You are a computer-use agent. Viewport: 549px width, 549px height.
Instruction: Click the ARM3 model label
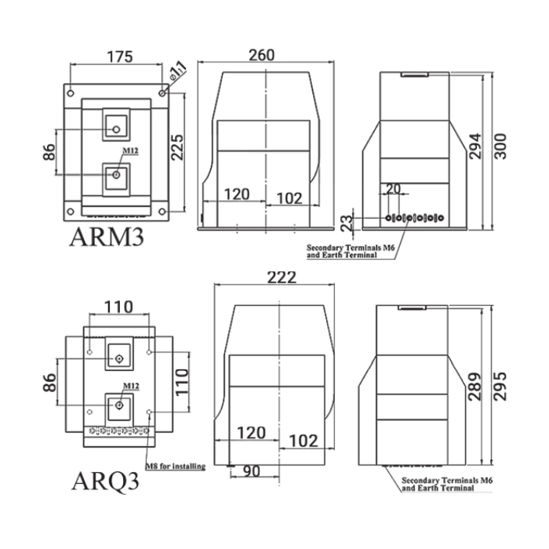pos(107,237)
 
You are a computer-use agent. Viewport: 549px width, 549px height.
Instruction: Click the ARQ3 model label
pos(105,481)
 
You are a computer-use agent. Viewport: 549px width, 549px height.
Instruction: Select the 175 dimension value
pos(120,56)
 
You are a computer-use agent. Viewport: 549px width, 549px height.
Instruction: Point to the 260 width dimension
pos(261,55)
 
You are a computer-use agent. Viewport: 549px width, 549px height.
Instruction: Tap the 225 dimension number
pos(177,147)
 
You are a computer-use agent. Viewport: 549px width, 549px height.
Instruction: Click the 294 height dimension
pos(475,147)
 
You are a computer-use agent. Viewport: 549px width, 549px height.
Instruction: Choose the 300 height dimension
pos(500,147)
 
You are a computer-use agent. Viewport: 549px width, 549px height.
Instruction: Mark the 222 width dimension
pos(282,278)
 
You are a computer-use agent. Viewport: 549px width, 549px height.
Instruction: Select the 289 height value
pos(475,387)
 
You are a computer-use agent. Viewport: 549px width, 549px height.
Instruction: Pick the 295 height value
pos(500,387)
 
